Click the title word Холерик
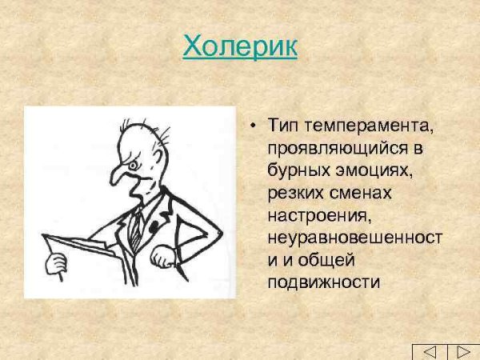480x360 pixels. (x=240, y=46)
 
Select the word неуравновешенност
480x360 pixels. (x=354, y=238)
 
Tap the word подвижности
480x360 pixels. (x=322, y=282)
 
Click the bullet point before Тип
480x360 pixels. (x=253, y=127)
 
